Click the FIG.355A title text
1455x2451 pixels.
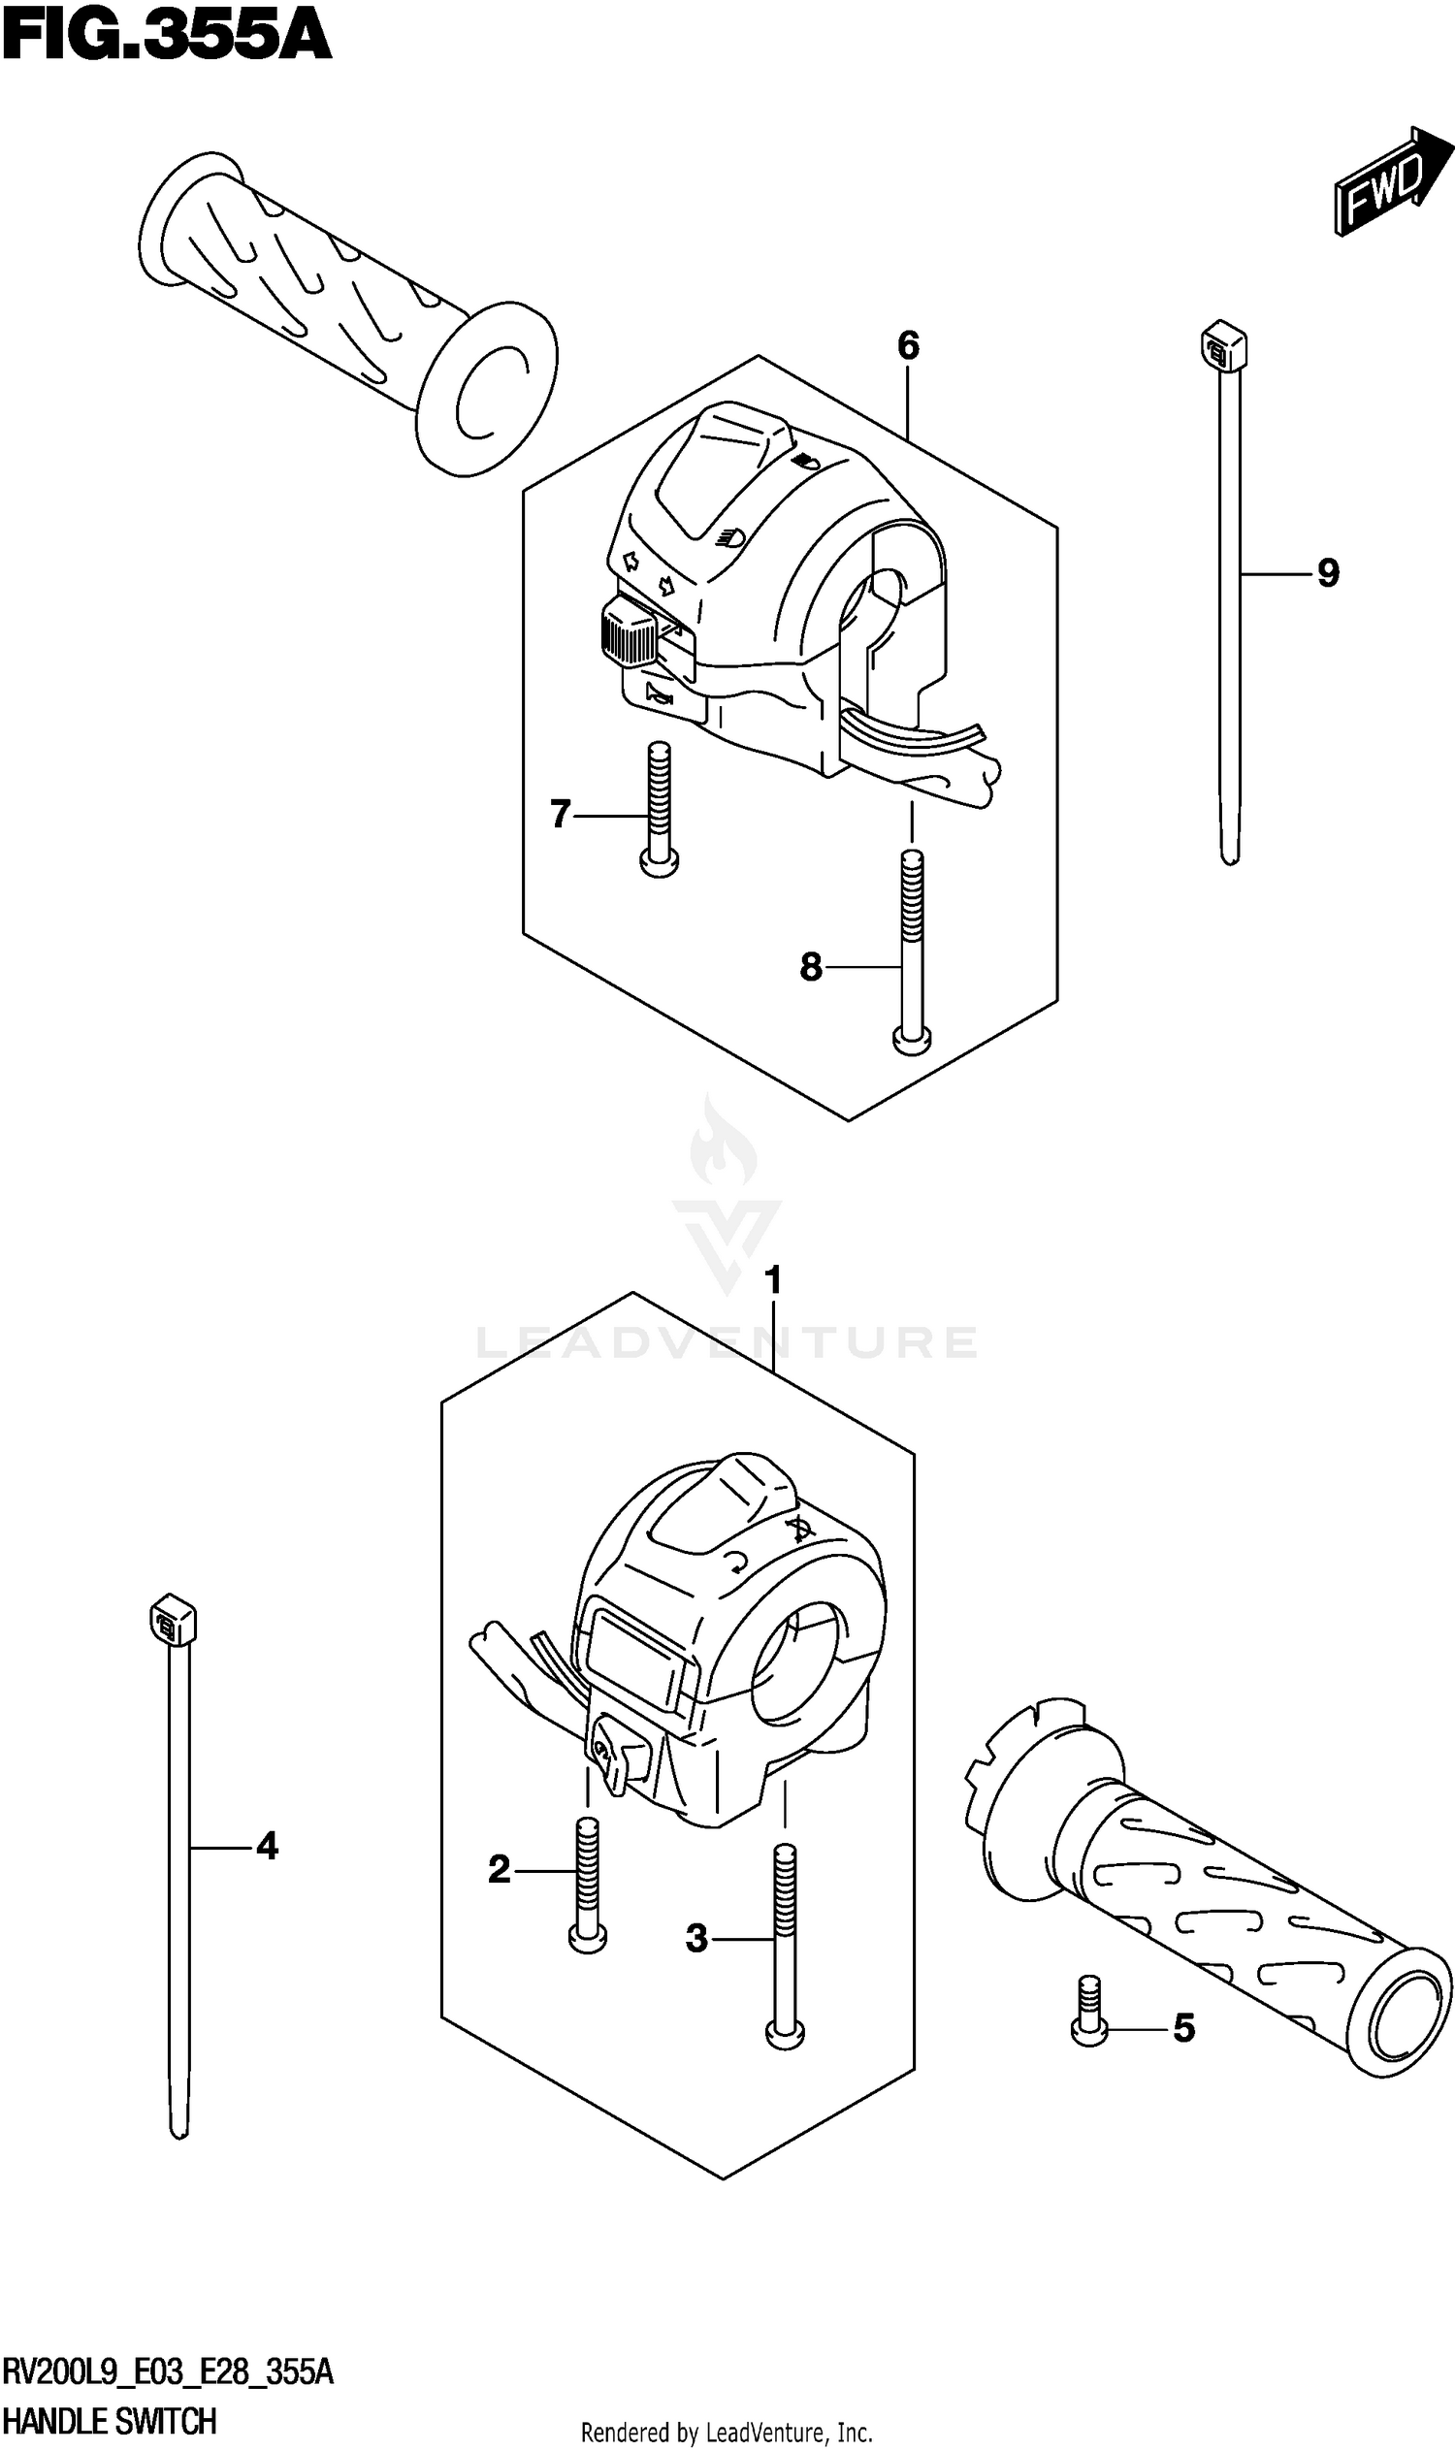(x=167, y=36)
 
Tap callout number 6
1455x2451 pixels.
(x=908, y=345)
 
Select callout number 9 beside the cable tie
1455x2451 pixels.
(x=1328, y=572)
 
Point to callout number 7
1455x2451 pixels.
(x=560, y=814)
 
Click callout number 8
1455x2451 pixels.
(x=810, y=968)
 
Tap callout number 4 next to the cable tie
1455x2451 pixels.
(x=267, y=1847)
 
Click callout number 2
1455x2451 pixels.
(x=499, y=1871)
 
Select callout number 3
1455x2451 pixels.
(x=696, y=1939)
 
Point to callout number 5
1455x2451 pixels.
(x=1183, y=2027)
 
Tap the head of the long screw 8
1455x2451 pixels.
(x=912, y=1040)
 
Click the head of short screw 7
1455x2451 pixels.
(x=659, y=861)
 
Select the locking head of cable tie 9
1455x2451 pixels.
(x=1223, y=345)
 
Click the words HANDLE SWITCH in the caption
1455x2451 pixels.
(x=110, y=2422)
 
